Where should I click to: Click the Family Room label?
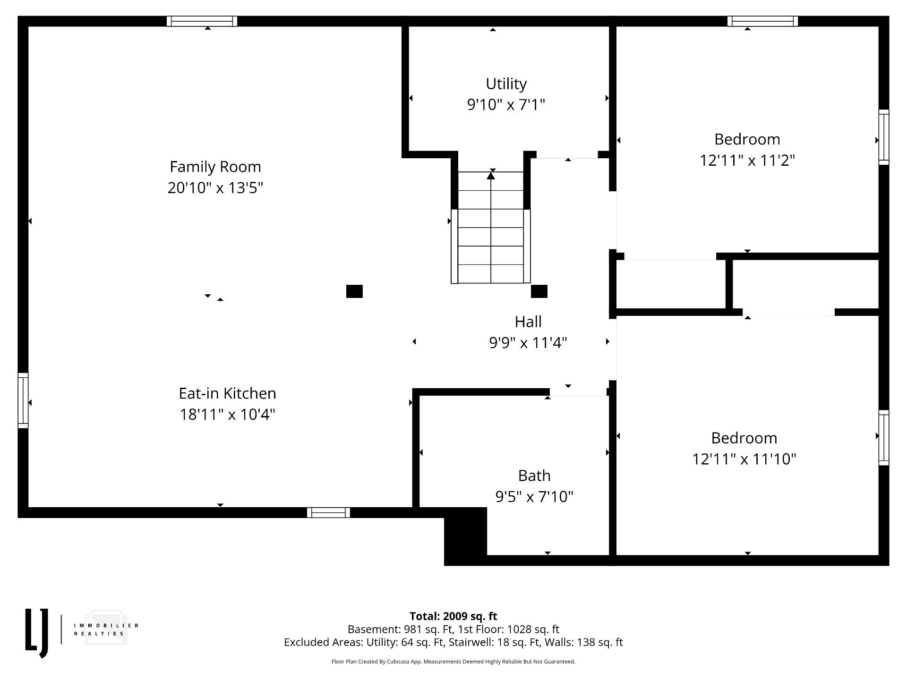tap(215, 167)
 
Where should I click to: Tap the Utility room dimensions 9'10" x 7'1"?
tap(506, 104)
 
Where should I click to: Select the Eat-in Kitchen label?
tap(227, 393)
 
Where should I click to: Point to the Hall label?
tap(528, 322)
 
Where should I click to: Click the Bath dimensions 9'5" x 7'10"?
tap(534, 496)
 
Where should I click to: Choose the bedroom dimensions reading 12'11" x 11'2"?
tap(747, 160)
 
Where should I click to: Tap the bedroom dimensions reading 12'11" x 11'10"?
tap(744, 459)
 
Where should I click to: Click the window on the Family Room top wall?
tap(202, 21)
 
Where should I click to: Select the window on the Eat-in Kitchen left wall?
tap(23, 400)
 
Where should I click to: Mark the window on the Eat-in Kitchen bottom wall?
tap(328, 512)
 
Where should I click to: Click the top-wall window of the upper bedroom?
tap(762, 21)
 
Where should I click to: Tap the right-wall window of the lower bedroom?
tap(884, 438)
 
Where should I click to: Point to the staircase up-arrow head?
tap(491, 176)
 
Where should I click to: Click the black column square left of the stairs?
tap(354, 291)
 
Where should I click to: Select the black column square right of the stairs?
tap(539, 291)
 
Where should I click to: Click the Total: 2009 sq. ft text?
tap(453, 616)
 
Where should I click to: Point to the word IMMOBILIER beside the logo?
tap(106, 626)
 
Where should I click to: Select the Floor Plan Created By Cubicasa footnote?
tap(453, 662)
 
